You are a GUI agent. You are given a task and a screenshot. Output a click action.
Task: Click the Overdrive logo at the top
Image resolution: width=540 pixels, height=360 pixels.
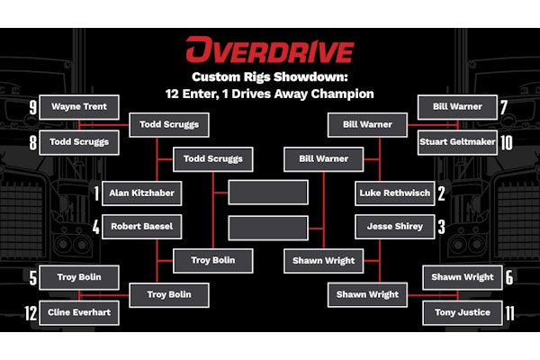(269, 50)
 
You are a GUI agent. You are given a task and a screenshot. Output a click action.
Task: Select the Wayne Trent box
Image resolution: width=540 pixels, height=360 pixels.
(79, 107)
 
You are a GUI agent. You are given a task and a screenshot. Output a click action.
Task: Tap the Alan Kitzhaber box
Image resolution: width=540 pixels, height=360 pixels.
(142, 193)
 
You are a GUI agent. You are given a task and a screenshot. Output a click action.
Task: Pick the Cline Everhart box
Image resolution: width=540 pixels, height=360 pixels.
(79, 313)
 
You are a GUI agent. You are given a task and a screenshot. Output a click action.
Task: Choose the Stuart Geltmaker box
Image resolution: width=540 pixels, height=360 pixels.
(458, 141)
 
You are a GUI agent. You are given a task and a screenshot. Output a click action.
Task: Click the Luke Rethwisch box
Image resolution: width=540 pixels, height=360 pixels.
(395, 193)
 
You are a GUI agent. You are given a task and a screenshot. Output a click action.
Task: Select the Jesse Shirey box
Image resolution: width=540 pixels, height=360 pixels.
(395, 227)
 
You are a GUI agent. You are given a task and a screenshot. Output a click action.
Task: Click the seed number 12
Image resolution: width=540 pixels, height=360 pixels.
(32, 313)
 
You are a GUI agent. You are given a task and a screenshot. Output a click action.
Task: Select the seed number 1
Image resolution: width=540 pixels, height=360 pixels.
(96, 193)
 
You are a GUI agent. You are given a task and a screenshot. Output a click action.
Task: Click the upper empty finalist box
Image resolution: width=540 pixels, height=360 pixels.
(268, 192)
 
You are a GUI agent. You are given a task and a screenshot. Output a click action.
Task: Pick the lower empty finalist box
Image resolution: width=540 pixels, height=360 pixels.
(268, 226)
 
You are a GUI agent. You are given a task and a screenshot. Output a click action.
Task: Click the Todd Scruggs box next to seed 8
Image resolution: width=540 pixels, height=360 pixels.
(79, 142)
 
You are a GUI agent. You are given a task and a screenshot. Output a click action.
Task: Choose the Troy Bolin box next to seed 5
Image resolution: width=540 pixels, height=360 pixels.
(79, 279)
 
